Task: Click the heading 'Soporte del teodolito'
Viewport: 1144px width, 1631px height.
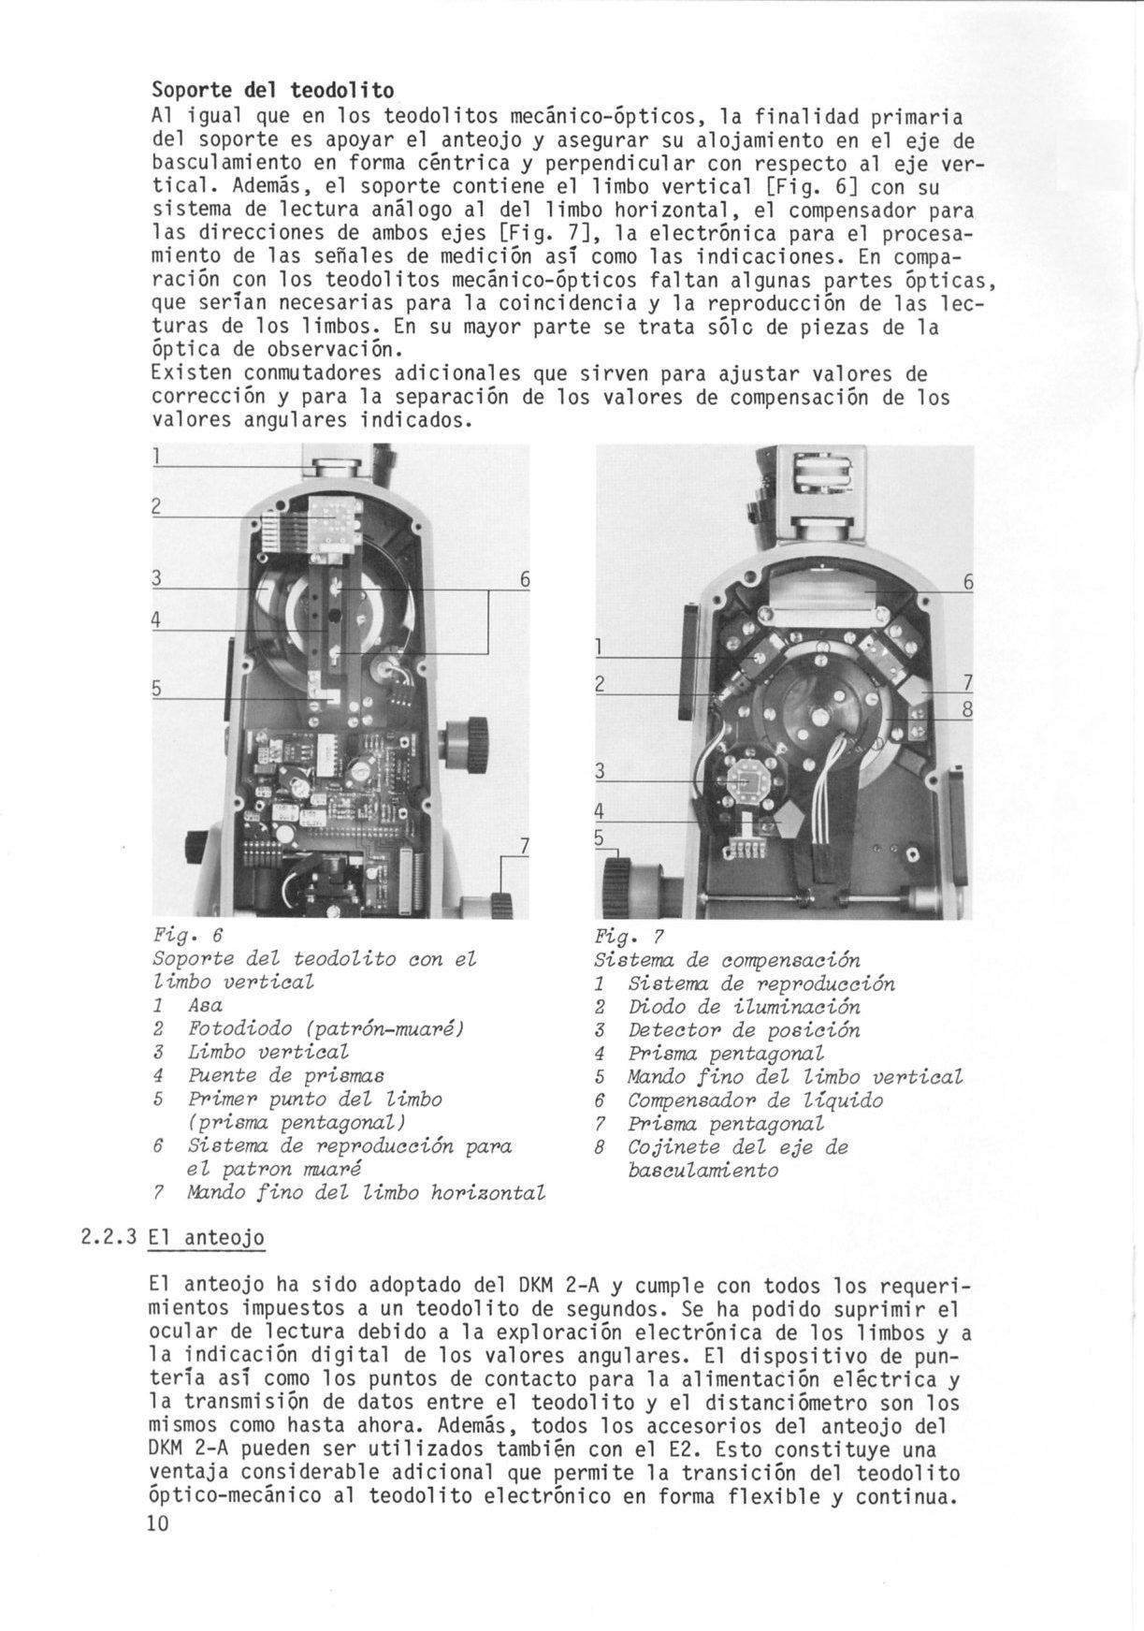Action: click(x=272, y=90)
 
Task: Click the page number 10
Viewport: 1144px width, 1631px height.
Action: click(x=157, y=1523)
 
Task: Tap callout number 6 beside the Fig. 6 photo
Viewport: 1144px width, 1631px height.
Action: click(x=525, y=581)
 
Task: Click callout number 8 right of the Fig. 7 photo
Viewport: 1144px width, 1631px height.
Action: click(x=968, y=710)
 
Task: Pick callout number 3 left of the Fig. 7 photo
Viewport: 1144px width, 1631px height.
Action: click(x=601, y=771)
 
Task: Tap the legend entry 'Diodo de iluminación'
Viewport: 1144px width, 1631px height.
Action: click(x=744, y=1007)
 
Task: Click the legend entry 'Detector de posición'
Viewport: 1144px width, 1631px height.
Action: click(x=744, y=1030)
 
